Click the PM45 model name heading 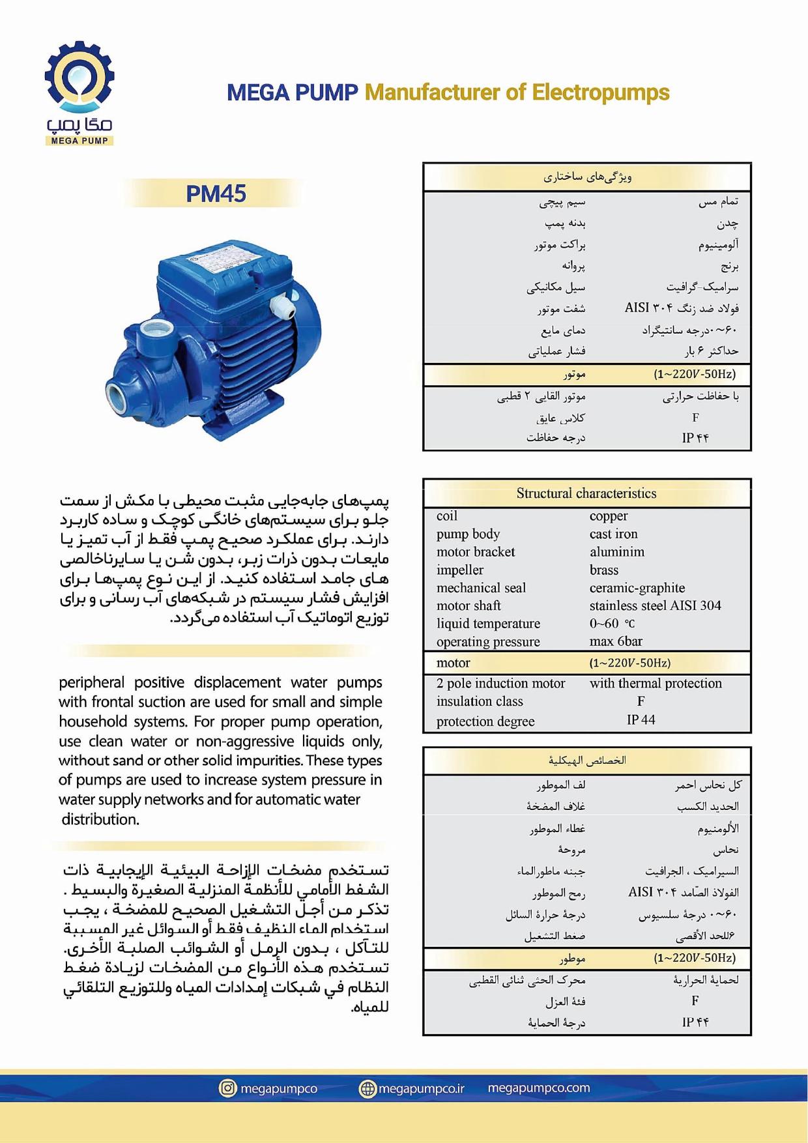coord(216,194)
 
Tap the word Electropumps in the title coord(600,93)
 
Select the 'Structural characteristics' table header coord(586,493)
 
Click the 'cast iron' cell coord(613,534)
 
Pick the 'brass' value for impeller coord(603,570)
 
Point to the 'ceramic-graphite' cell coord(637,588)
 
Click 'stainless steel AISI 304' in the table coord(655,605)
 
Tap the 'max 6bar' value coord(616,641)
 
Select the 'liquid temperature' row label coord(488,624)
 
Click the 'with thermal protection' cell coord(656,683)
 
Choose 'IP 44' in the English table coord(641,719)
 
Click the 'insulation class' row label coord(480,701)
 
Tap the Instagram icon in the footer coord(227,1088)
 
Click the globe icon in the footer coord(368,1088)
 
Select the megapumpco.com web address coord(538,1088)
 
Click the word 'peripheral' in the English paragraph coord(91,682)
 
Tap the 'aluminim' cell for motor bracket coord(616,552)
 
